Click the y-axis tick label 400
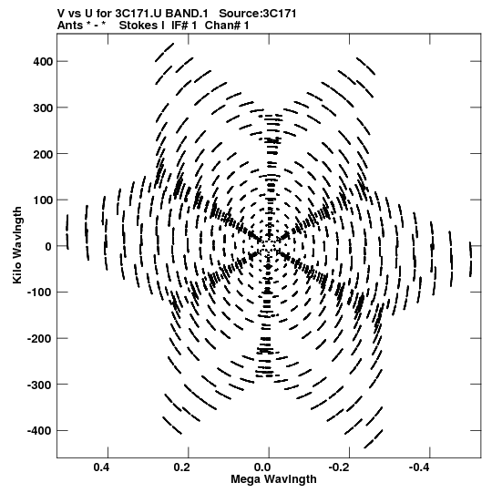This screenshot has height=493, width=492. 43,62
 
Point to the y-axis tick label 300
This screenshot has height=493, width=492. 43,108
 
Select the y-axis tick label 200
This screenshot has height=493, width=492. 43,154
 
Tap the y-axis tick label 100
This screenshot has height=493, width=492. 43,200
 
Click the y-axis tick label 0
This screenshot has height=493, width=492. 48,246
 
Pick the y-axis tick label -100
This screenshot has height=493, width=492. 40,293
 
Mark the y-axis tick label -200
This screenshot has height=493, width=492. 40,339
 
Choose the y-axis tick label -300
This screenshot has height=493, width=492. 40,385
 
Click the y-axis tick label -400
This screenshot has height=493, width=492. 40,431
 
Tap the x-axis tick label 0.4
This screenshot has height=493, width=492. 101,467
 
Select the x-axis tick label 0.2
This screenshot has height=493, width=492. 182,467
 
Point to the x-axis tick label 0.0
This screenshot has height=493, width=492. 262,467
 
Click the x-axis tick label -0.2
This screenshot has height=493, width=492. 339,467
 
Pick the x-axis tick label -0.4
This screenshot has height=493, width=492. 420,467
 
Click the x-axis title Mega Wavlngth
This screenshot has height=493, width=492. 273,479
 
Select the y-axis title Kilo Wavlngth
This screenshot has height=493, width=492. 17,245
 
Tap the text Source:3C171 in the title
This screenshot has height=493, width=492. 258,14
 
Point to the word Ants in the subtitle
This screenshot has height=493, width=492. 70,26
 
